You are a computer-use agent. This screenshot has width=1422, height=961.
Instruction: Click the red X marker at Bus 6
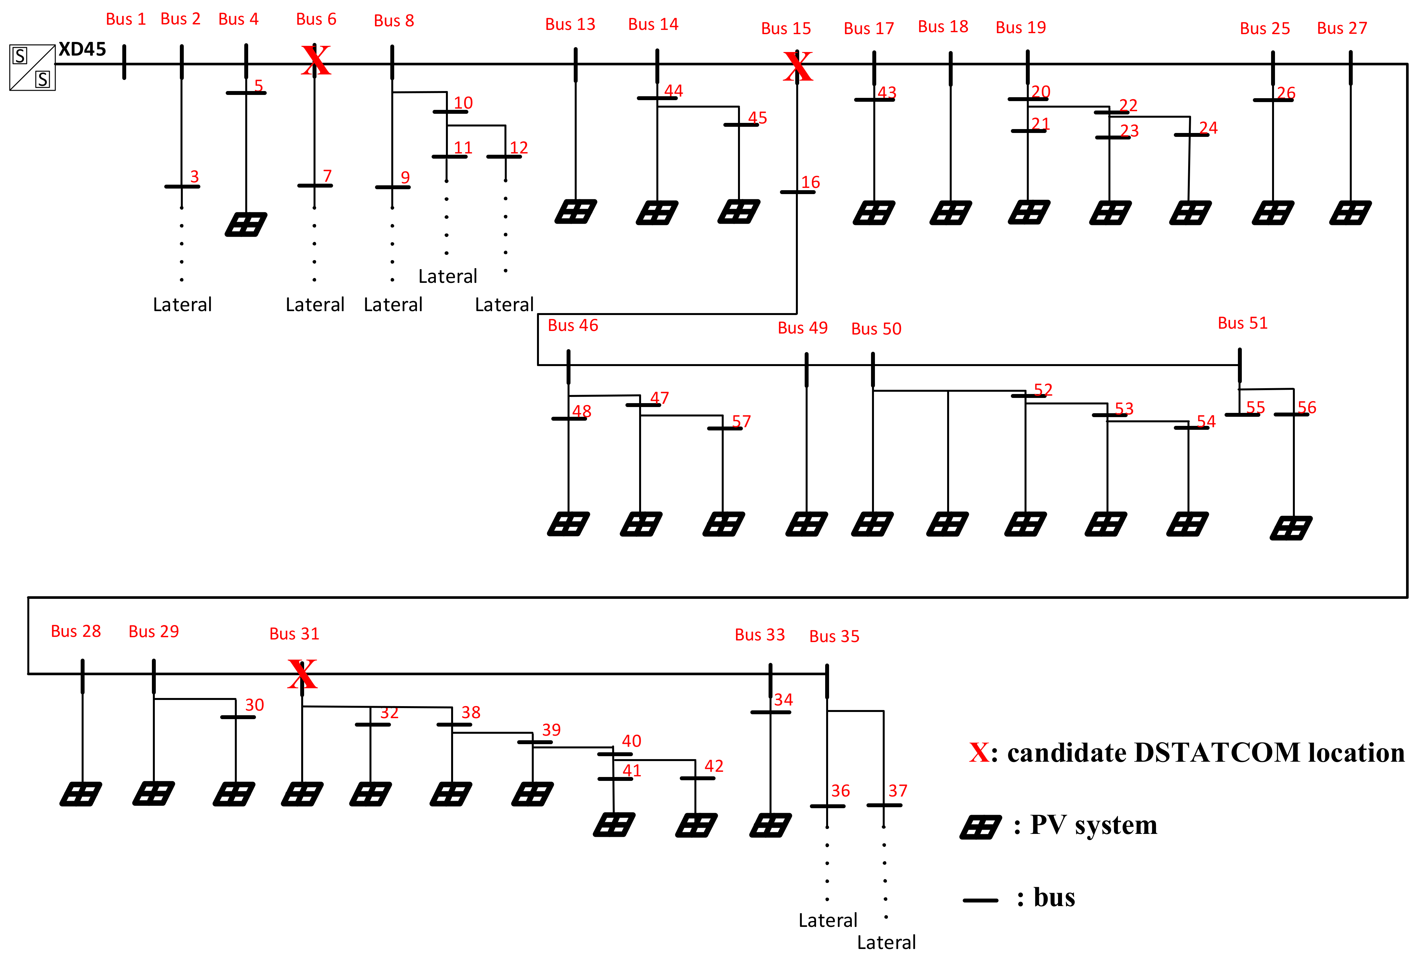click(316, 60)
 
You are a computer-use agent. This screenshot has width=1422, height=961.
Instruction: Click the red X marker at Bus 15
click(798, 67)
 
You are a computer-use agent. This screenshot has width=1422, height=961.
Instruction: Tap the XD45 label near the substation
click(82, 49)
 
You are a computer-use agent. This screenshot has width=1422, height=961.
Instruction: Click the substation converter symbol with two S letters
click(33, 67)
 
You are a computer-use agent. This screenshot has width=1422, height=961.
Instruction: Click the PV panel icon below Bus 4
click(245, 225)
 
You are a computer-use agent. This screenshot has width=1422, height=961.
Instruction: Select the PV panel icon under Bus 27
click(1350, 213)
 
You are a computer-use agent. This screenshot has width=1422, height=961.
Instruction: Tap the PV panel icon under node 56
click(1291, 528)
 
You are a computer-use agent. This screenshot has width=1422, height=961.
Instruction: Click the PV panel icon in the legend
click(980, 827)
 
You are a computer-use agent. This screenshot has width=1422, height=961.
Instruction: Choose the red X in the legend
click(979, 752)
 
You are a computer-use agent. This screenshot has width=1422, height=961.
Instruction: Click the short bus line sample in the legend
click(980, 900)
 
